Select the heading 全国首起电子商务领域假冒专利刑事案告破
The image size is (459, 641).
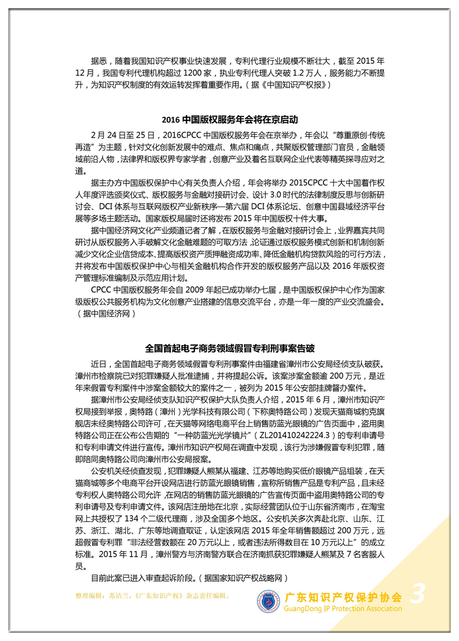click(x=230, y=348)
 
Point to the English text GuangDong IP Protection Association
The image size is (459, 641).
click(x=343, y=609)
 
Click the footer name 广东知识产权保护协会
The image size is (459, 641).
click(x=343, y=597)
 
